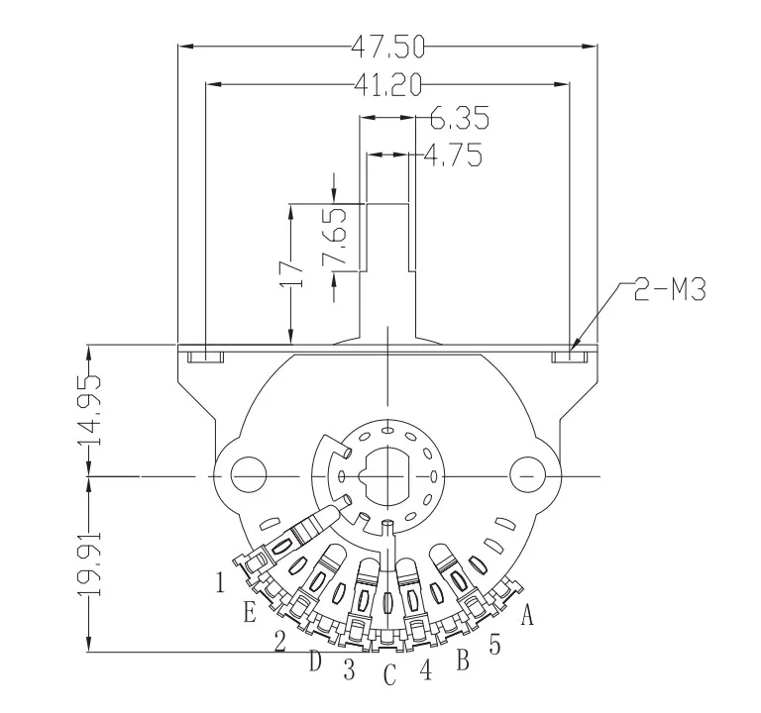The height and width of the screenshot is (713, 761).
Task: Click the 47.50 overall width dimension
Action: click(x=387, y=46)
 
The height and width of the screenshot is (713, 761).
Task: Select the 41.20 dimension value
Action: click(x=387, y=85)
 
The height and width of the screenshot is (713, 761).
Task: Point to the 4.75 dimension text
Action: click(x=453, y=155)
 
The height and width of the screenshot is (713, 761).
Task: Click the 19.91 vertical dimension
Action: click(x=90, y=563)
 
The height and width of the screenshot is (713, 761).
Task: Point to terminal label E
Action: click(x=250, y=612)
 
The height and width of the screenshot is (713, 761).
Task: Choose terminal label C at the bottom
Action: click(x=389, y=675)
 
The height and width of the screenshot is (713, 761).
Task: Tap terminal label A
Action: click(x=527, y=616)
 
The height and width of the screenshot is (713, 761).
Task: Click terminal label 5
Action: click(x=494, y=644)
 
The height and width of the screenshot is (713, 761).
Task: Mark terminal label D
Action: click(x=315, y=661)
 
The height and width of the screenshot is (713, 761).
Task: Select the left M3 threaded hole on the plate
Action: click(x=203, y=356)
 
